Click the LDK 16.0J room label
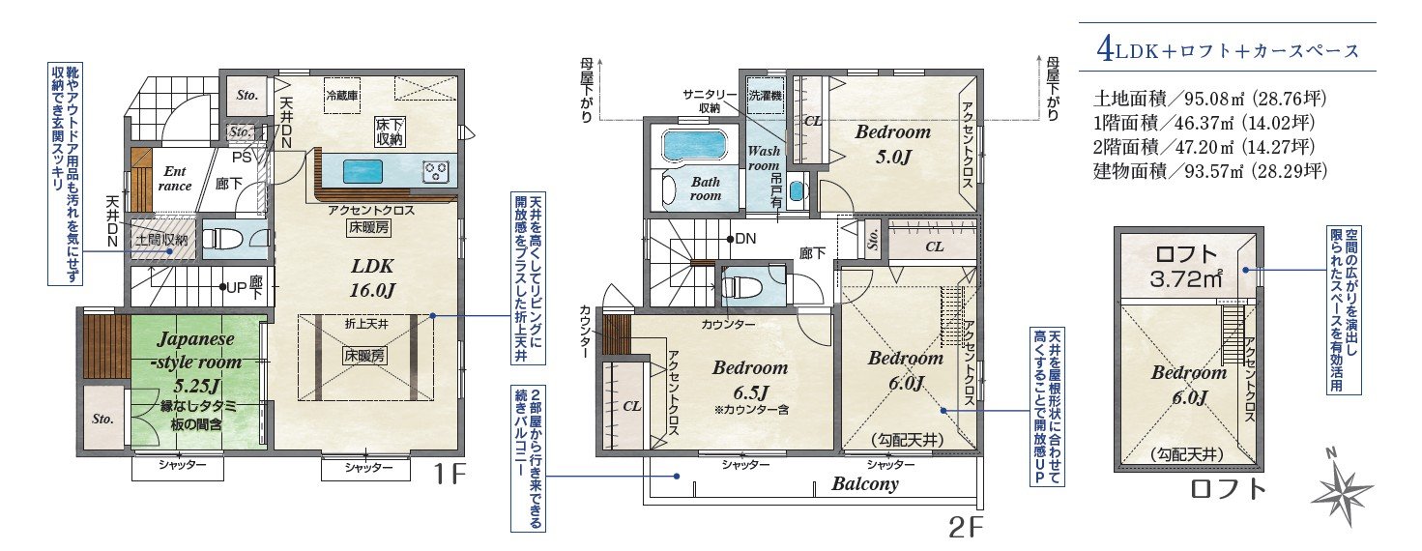(x=372, y=278)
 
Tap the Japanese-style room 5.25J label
(x=196, y=362)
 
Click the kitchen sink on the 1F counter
(x=363, y=172)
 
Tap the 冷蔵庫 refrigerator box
(x=342, y=96)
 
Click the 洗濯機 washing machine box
(x=765, y=96)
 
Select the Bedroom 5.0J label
(x=892, y=143)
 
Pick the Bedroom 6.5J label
(x=750, y=379)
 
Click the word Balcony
(x=865, y=484)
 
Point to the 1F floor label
(x=450, y=475)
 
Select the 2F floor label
(x=966, y=526)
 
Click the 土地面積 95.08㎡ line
(x=1209, y=99)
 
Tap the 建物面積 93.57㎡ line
(x=1209, y=171)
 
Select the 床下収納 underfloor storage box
(x=390, y=131)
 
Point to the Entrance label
(x=175, y=179)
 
